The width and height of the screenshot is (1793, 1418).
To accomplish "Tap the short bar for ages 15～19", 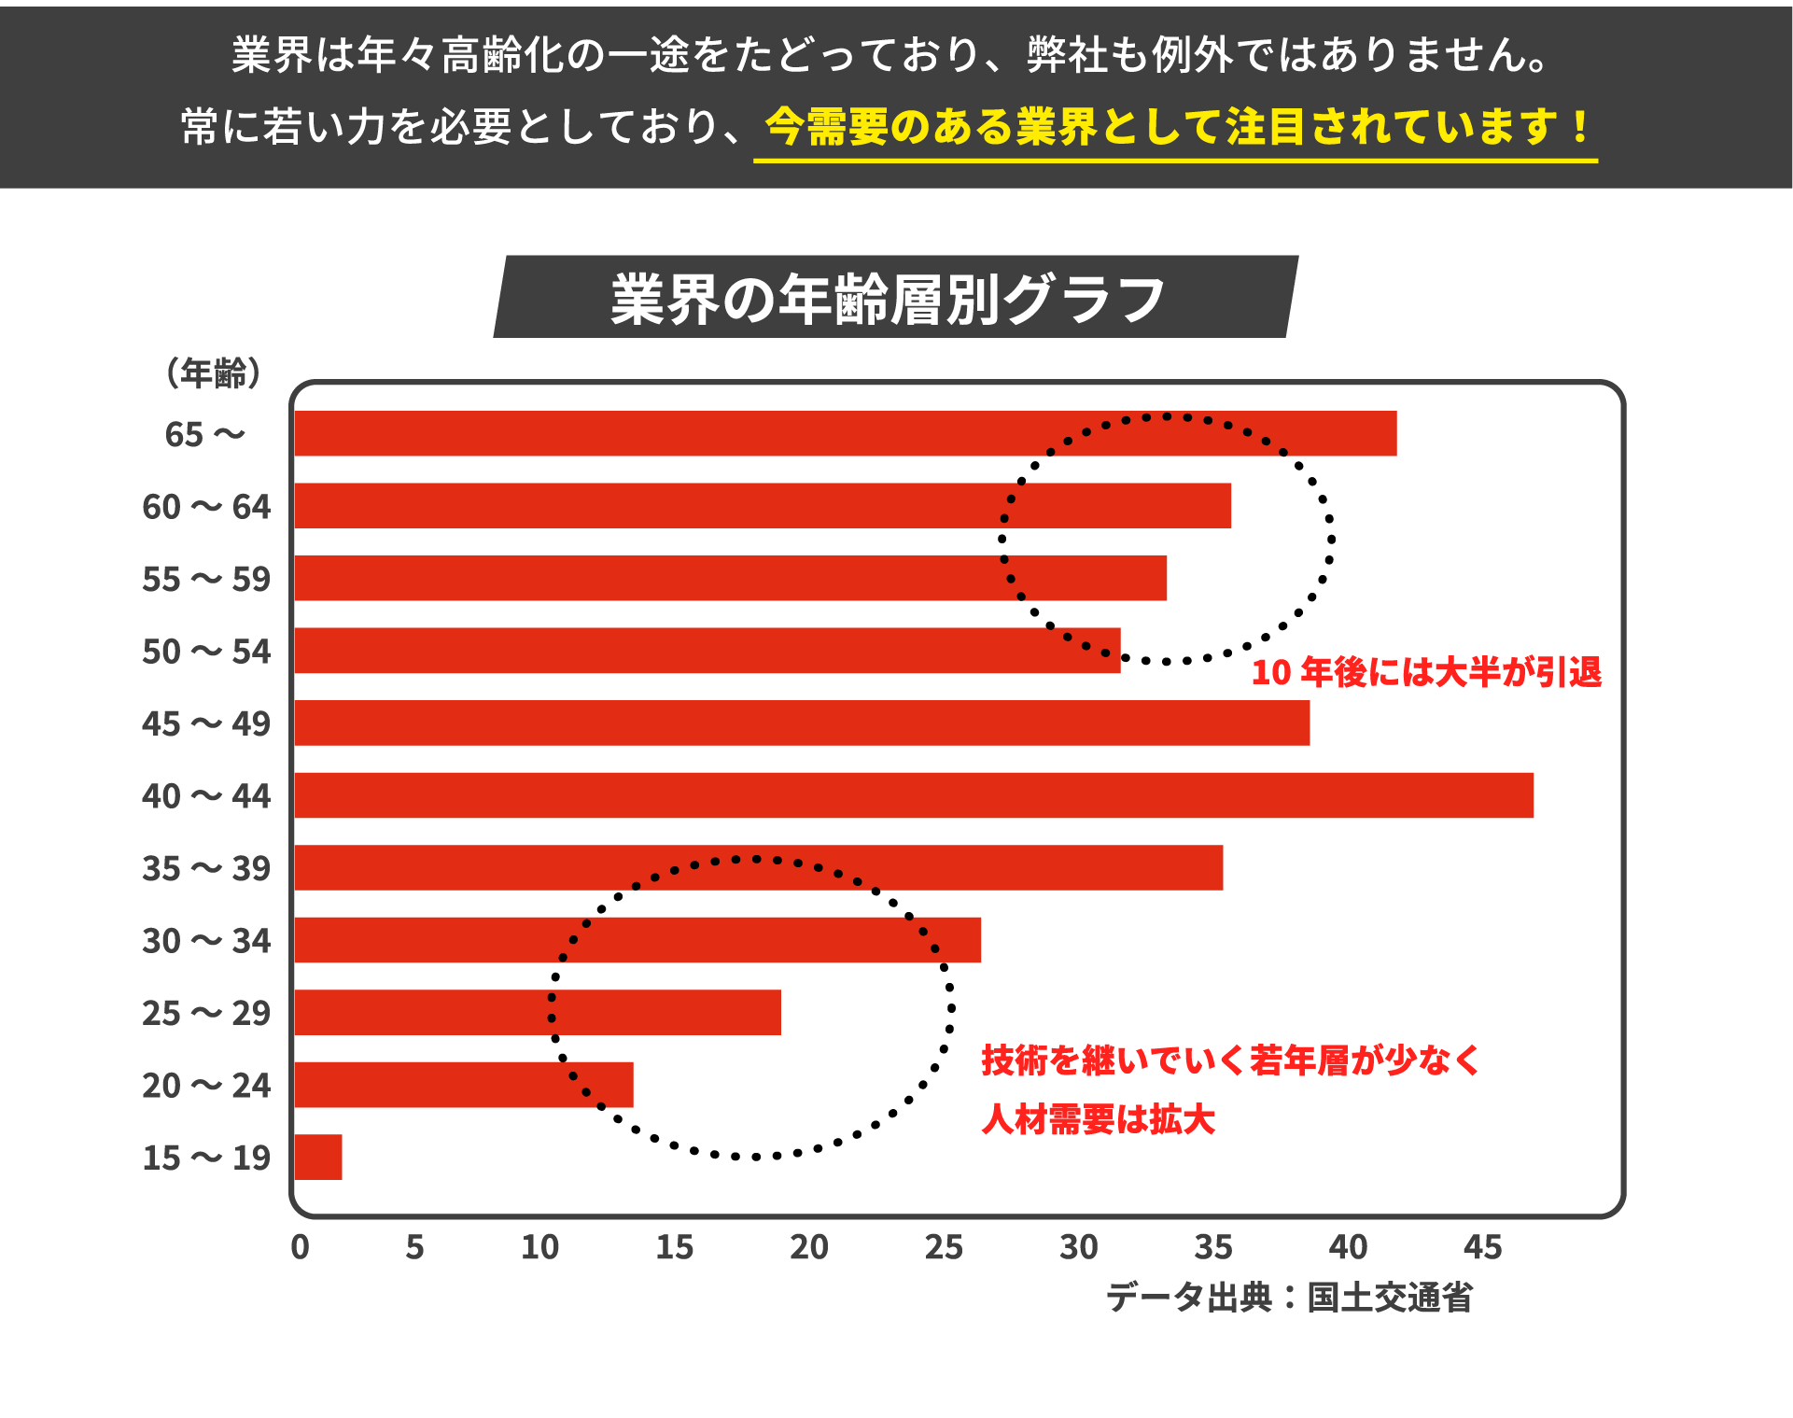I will pos(318,1157).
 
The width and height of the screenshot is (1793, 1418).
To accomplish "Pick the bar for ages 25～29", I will pos(538,1012).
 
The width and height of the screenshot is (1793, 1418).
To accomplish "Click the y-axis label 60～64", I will pos(206,507).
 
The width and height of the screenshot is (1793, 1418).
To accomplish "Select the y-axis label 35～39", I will pos(206,868).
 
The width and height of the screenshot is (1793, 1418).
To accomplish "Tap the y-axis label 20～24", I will pos(206,1085).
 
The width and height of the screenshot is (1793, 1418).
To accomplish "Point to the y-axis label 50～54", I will pos(206,651).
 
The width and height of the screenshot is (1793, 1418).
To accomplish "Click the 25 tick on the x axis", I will pos(944,1247).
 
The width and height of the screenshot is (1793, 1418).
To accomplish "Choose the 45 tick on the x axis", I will pos(1482,1247).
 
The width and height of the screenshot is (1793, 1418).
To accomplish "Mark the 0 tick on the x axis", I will pos(300,1247).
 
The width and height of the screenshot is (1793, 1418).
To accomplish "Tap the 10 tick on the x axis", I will pos(539,1247).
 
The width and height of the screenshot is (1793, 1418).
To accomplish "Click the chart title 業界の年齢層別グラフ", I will pos(888,299).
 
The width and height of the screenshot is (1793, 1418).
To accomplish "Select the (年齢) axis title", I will pos(213,372).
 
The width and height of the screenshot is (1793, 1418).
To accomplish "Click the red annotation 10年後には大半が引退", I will pos(1425,672).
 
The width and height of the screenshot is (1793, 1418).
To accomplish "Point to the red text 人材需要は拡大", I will pos(1098,1119).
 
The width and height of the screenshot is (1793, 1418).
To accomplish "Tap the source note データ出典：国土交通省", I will pos(1289,1298).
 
